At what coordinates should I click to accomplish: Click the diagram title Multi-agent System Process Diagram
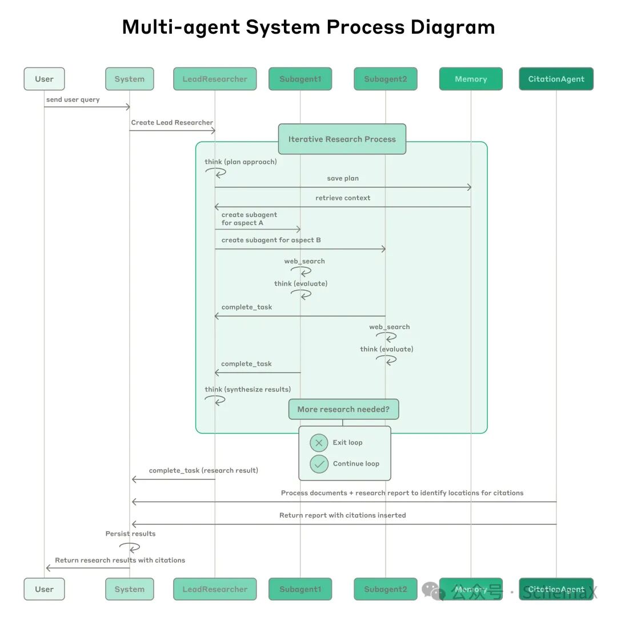[x=308, y=27]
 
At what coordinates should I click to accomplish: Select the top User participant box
[x=44, y=79]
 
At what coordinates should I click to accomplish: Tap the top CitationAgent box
[x=556, y=79]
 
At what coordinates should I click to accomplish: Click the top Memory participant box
[x=471, y=79]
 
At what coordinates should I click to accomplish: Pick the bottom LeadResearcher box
[x=215, y=589]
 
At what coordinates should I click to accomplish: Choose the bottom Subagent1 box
[x=300, y=589]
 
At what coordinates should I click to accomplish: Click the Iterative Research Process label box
[x=342, y=139]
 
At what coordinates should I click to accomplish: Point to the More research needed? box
[x=343, y=409]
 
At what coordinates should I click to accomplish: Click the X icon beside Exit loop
[x=319, y=443]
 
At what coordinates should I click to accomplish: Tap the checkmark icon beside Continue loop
[x=319, y=464]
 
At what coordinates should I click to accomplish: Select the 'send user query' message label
[x=73, y=99]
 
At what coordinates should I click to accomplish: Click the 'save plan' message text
[x=343, y=178]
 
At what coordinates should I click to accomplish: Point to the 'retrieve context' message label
[x=343, y=198]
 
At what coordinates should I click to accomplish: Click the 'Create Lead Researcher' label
[x=172, y=122]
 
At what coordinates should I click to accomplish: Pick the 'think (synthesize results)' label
[x=248, y=389]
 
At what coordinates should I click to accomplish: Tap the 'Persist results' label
[x=130, y=534]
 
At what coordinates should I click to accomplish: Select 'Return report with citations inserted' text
[x=343, y=515]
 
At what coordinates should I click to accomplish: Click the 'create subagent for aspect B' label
[x=271, y=240]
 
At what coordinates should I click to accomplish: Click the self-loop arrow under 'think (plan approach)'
[x=218, y=172]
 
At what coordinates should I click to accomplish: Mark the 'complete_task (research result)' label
[x=203, y=470]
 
